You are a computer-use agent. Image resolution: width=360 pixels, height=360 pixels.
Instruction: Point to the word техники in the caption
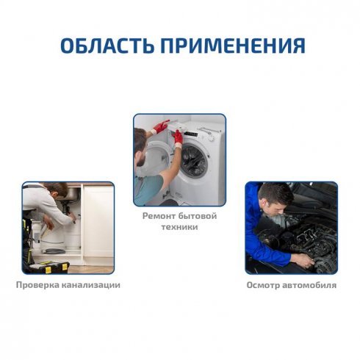(179, 228)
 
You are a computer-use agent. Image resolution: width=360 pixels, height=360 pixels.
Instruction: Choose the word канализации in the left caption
(93, 284)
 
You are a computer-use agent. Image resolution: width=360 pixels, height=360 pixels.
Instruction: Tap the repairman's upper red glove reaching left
(159, 126)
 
